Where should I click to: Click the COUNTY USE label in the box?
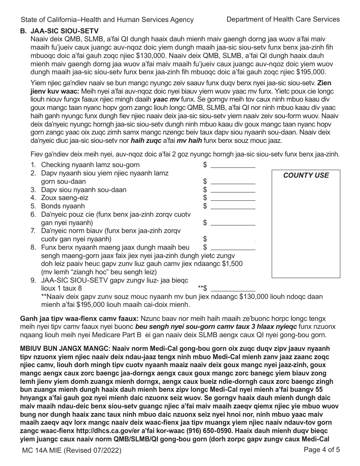click(x=306, y=175)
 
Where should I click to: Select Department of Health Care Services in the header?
click(x=283, y=19)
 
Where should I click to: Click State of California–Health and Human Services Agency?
click(x=107, y=20)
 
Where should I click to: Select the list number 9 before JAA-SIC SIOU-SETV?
click(x=33, y=280)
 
